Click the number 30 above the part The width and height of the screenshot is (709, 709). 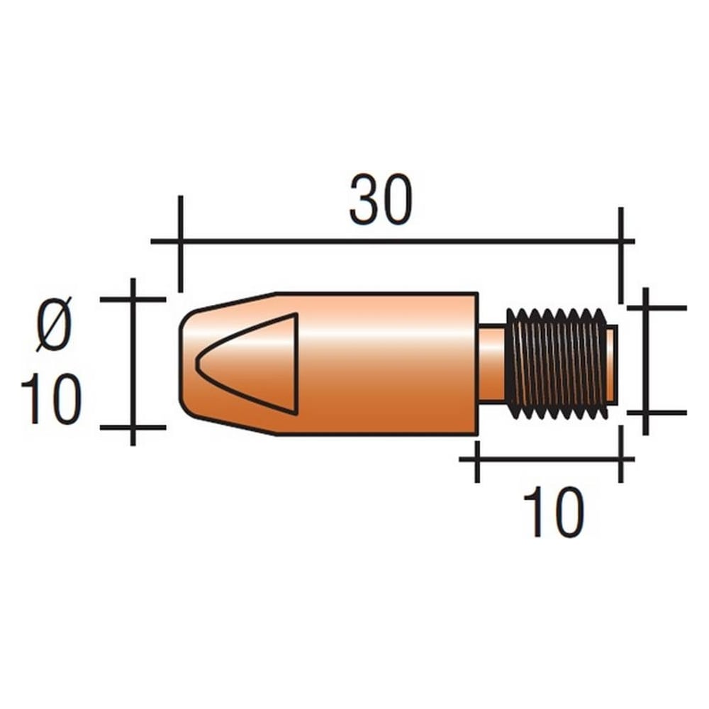tap(381, 199)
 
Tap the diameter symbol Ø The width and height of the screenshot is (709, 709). tap(55, 323)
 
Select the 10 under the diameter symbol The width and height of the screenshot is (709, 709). tap(51, 399)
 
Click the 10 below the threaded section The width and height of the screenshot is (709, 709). tap(554, 512)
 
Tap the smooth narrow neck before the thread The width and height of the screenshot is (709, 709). tap(491, 363)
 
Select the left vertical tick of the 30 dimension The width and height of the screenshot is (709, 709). tap(180, 244)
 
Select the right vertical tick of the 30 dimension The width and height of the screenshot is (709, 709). tap(621, 255)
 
